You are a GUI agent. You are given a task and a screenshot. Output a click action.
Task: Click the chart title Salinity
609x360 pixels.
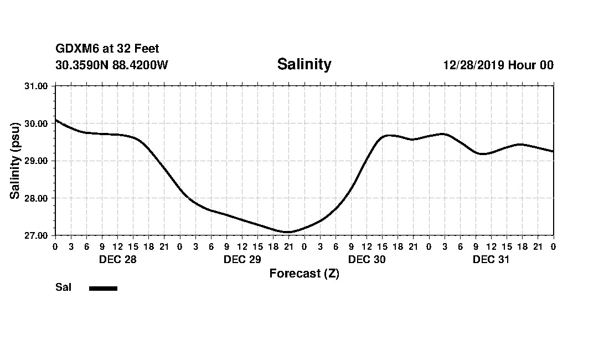304,64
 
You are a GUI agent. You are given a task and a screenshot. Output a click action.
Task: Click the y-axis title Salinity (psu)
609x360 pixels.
16,161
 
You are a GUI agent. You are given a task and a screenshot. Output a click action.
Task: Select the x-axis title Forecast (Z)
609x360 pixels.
304,274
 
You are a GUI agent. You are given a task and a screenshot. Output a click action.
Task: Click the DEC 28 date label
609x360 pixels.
117,260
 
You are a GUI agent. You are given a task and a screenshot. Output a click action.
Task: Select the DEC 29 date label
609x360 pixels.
242,260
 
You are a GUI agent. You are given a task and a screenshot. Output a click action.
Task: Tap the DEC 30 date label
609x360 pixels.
367,260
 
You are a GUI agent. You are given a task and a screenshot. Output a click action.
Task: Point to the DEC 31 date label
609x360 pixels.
491,260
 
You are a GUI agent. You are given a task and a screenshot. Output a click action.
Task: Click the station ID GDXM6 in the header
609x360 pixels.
77,49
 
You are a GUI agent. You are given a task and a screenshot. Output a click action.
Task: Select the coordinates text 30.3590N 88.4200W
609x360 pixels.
111,65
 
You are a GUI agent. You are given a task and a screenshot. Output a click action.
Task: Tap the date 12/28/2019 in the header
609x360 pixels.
473,65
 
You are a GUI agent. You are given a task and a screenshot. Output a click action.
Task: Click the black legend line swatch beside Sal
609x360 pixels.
103,288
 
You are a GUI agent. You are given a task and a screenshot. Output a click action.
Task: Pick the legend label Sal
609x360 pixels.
63,287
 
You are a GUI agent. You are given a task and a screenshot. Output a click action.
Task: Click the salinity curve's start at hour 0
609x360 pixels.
55,120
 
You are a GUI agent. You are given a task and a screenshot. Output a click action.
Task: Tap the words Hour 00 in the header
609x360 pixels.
531,65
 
